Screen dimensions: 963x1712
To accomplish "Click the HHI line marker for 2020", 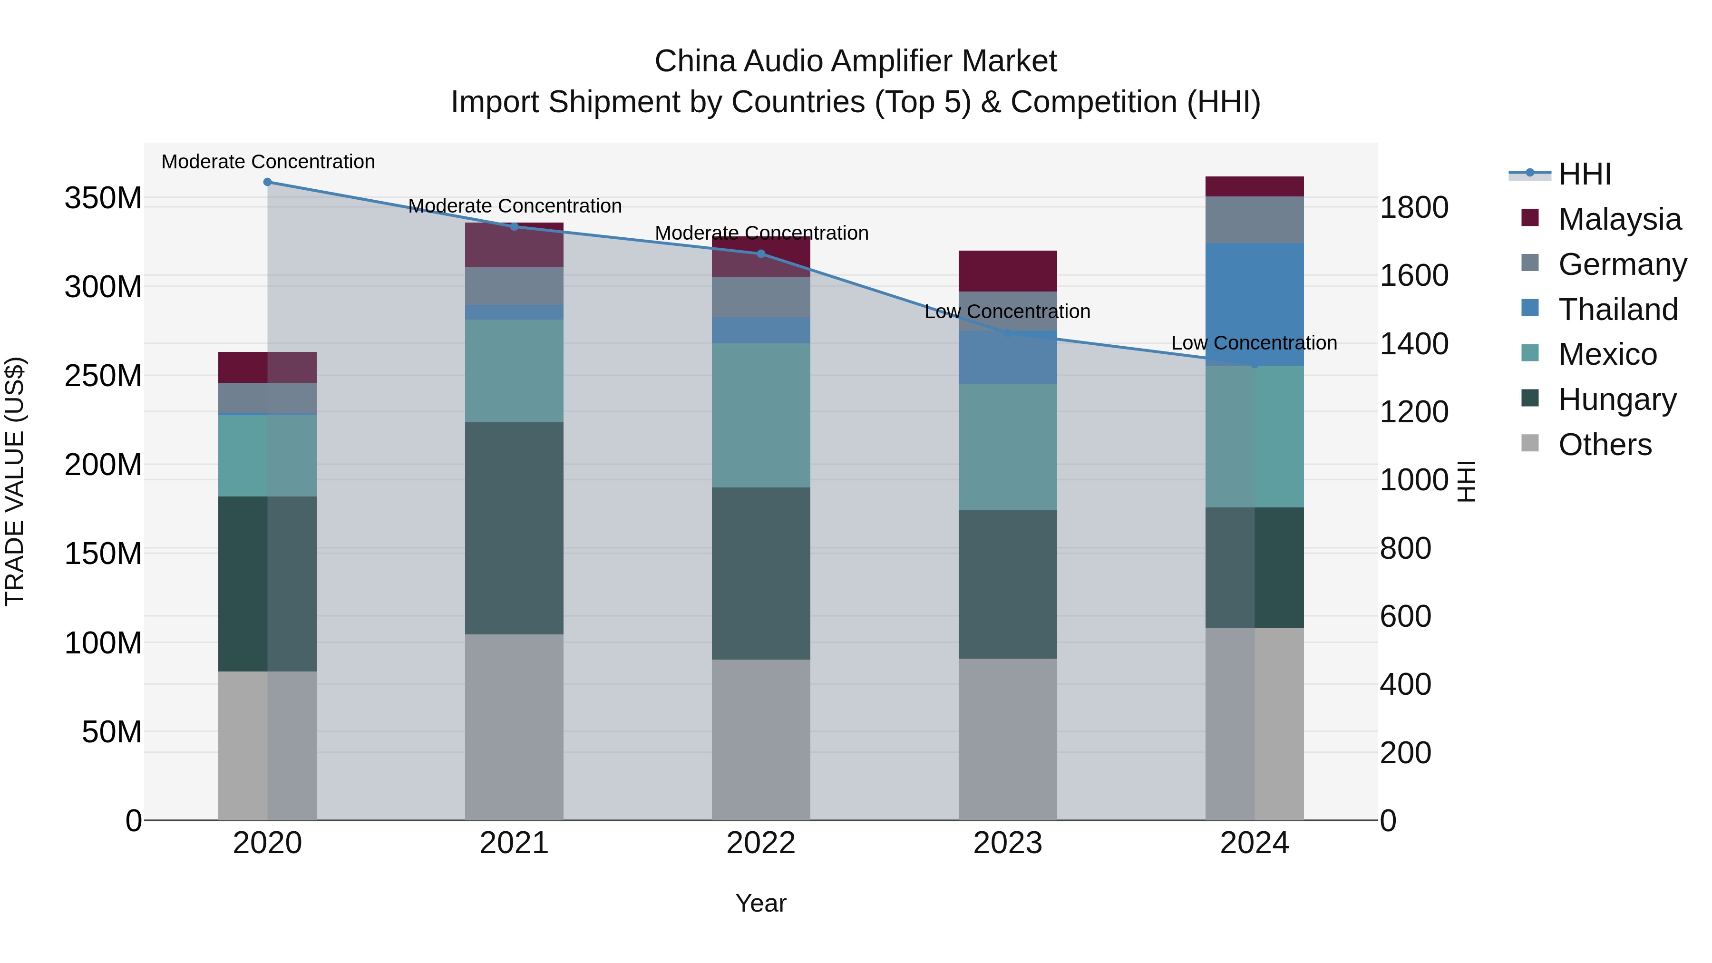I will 267,182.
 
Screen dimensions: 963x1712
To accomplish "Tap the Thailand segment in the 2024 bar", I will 1254,304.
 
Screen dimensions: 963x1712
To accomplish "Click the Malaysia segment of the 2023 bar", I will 1008,271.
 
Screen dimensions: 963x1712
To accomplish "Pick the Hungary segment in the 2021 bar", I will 514,528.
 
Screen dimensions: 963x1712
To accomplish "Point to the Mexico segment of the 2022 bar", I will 761,415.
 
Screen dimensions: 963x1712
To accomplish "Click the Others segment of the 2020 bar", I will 267,745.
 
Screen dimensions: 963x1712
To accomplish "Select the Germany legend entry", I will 1622,264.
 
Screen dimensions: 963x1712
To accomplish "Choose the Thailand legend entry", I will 1618,310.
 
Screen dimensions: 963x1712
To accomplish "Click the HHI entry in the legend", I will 1585,174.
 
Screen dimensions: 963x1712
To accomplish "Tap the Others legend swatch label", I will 1605,445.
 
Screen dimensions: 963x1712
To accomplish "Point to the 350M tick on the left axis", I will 103,198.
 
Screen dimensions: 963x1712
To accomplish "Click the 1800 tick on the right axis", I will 1414,207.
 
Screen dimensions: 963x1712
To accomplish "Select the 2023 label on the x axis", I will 1008,843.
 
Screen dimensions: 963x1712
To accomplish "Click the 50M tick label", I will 112,732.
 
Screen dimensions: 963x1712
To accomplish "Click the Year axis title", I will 761,903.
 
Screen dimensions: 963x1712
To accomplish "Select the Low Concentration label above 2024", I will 1254,343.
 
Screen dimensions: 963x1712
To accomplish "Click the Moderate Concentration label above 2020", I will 268,162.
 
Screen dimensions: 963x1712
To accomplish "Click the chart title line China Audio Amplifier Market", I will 856,61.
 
